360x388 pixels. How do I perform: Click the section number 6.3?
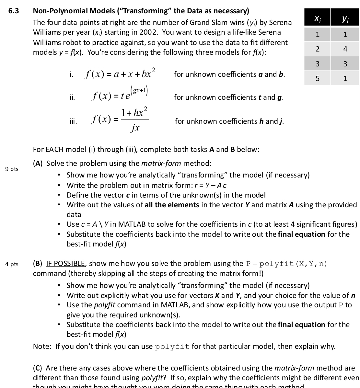tap(13, 11)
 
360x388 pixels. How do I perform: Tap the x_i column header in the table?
tap(317, 19)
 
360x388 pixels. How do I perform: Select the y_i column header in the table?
tap(345, 19)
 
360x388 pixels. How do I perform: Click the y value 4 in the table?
tap(345, 49)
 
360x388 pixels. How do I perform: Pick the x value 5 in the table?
tap(317, 78)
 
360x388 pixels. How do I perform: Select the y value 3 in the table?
tap(345, 64)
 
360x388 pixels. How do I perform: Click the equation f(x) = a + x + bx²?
tap(120, 74)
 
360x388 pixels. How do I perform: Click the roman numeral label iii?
tap(74, 121)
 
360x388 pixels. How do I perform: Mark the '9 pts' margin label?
tap(12, 169)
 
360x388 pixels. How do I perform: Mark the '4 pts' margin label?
tap(12, 264)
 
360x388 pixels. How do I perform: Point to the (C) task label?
tap(38, 368)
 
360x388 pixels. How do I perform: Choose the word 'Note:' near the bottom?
tap(42, 346)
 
